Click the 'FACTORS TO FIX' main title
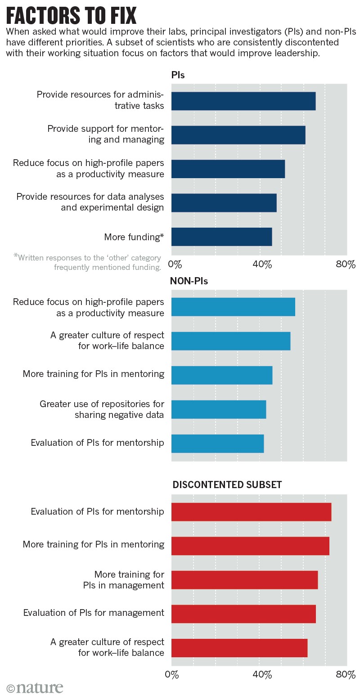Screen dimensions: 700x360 point(71,16)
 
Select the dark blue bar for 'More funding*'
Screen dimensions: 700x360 point(221,237)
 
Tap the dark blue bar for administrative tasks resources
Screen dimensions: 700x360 point(243,101)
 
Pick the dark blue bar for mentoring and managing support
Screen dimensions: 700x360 point(238,135)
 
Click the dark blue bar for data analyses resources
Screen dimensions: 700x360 point(224,202)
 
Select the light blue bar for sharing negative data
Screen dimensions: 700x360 point(219,409)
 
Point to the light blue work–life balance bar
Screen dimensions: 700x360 point(230,341)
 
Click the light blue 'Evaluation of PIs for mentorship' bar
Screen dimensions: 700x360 point(217,444)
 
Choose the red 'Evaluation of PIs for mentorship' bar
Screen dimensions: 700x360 point(251,512)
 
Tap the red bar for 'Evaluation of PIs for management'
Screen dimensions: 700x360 point(243,614)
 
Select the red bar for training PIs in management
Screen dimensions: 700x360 point(244,579)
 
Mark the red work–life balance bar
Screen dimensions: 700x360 point(239,648)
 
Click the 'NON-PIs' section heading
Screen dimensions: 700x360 point(189,281)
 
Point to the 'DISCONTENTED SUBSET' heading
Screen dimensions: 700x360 point(227,485)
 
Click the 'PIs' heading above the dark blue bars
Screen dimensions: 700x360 point(178,75)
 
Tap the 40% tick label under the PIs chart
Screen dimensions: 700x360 point(262,264)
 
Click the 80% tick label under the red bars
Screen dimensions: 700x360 point(346,674)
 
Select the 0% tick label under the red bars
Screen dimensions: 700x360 point(172,674)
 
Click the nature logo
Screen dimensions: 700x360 point(35,688)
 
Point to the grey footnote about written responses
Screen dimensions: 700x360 point(88,262)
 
